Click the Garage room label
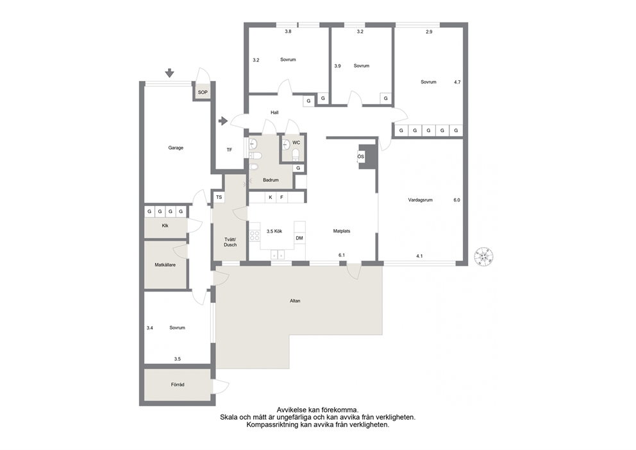click(176, 148)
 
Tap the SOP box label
click(203, 92)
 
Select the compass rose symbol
click(484, 257)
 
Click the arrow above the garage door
click(169, 73)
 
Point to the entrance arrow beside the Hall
click(223, 121)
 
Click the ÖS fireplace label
click(360, 157)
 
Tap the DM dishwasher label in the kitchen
click(299, 238)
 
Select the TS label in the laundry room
click(219, 197)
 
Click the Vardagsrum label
click(420, 200)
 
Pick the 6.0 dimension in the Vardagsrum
click(456, 200)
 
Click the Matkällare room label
click(165, 265)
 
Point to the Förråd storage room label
click(178, 385)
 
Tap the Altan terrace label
click(295, 301)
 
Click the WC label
click(296, 143)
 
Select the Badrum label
click(271, 180)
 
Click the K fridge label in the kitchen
click(271, 198)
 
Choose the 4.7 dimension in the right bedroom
click(457, 82)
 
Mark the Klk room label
click(165, 225)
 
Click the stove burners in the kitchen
click(255, 236)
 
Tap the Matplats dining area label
click(342, 231)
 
